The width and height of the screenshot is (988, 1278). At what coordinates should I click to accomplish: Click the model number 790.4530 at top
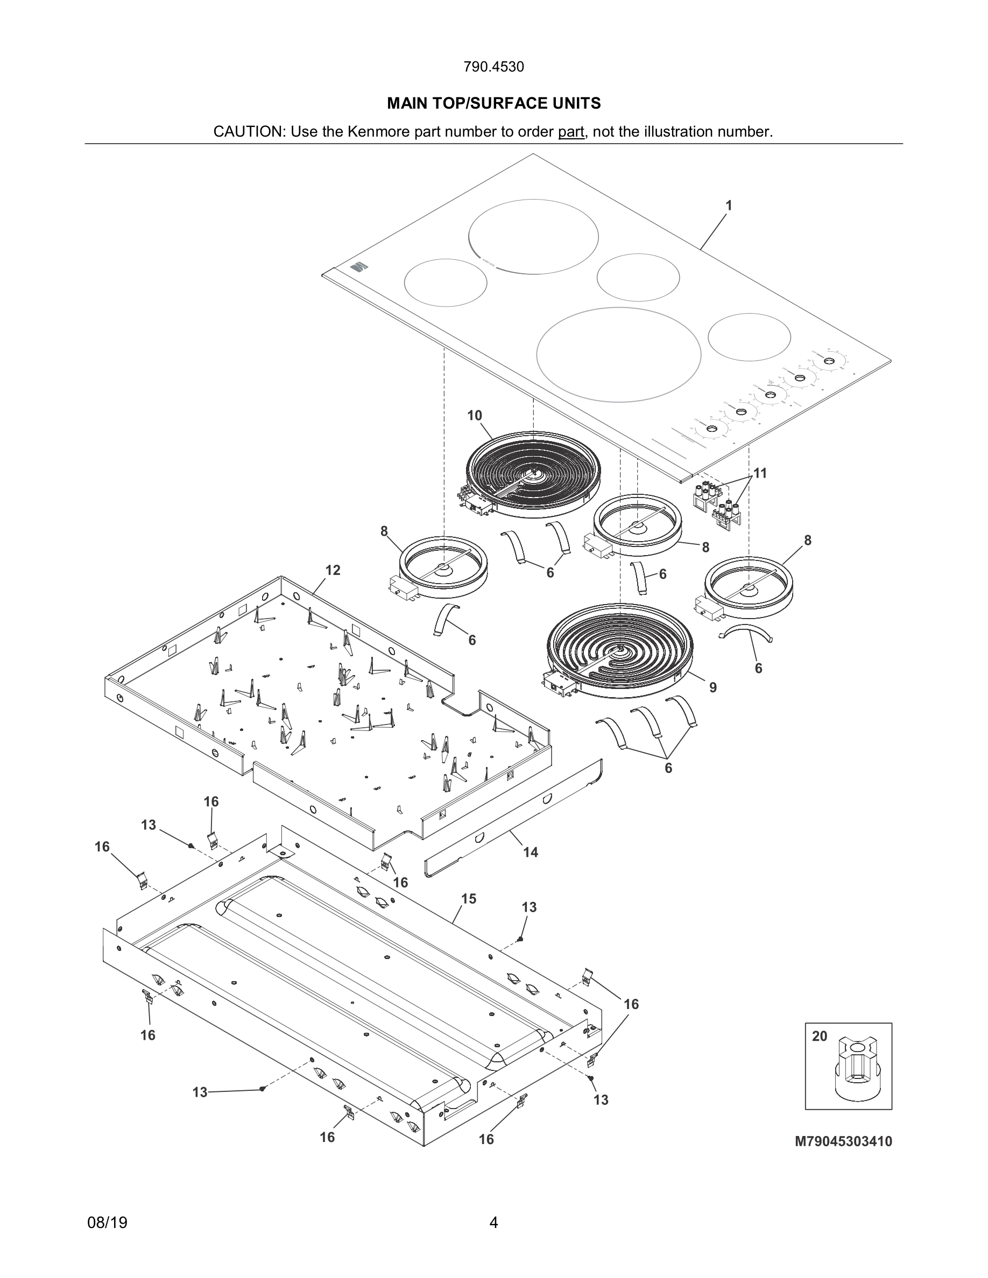click(493, 67)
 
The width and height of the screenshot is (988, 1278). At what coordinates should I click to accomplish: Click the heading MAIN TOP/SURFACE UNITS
click(493, 104)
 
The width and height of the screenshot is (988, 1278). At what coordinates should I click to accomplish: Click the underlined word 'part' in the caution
click(570, 132)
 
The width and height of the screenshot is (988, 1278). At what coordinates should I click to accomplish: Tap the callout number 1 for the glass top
click(729, 206)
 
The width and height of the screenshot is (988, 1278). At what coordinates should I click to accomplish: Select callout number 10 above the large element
click(474, 415)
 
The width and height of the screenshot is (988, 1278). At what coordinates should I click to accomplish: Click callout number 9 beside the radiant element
click(713, 687)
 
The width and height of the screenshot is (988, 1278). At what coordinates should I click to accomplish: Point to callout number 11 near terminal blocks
click(760, 473)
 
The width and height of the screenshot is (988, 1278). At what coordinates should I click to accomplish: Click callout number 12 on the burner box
click(333, 570)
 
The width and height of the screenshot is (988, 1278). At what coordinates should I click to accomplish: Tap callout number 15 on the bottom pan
click(468, 898)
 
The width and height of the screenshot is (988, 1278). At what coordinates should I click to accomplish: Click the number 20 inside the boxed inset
click(820, 1036)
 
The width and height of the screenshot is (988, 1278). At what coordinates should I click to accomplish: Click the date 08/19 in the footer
click(107, 1223)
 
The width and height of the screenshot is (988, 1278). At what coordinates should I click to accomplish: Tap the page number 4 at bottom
click(493, 1223)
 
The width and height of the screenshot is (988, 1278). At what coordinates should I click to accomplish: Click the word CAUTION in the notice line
click(248, 132)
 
